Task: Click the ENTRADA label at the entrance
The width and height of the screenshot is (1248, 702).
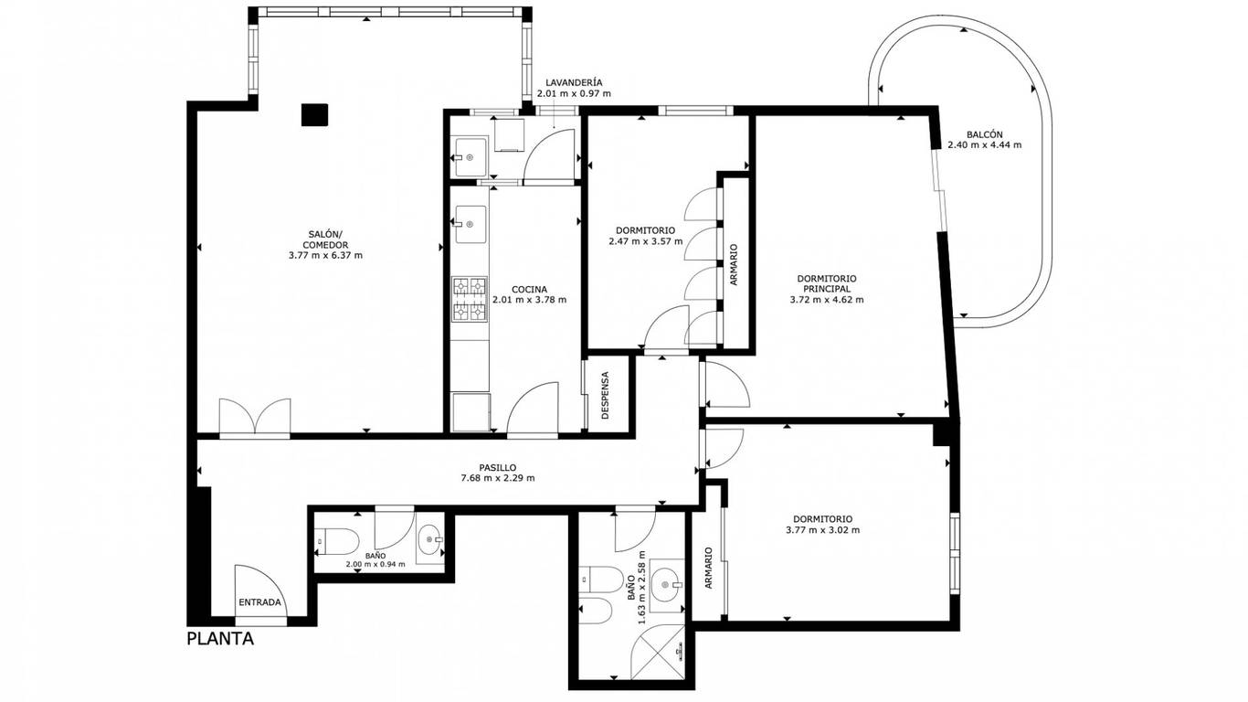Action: (259, 602)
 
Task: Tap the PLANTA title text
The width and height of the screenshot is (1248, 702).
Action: (220, 638)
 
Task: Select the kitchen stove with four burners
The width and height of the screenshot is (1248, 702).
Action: (469, 300)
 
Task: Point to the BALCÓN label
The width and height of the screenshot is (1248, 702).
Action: (985, 134)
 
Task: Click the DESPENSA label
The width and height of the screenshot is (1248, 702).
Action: (606, 395)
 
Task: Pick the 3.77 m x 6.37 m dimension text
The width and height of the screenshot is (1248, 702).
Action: (325, 255)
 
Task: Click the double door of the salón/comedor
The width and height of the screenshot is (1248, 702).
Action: (255, 416)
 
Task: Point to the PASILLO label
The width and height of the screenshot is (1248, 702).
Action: (498, 467)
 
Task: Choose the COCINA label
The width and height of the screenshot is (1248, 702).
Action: (529, 290)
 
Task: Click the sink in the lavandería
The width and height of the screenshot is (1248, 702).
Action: (471, 157)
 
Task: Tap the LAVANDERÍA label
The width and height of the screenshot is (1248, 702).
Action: (574, 83)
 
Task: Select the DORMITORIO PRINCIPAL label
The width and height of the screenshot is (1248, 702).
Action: (827, 283)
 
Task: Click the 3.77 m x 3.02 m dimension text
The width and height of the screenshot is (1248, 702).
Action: (823, 530)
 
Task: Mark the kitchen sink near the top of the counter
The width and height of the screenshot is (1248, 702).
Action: (471, 224)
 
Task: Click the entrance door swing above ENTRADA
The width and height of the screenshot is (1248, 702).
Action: (260, 591)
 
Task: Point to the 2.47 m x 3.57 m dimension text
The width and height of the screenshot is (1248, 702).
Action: (645, 241)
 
